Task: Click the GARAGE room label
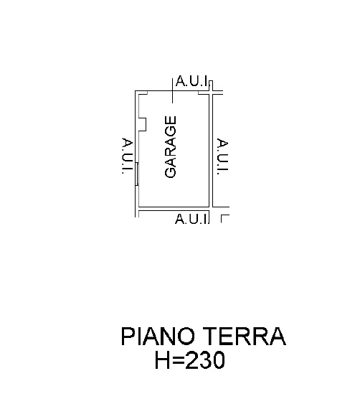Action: pos(171,147)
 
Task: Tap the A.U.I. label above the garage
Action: pos(192,81)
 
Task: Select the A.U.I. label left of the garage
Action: pos(128,156)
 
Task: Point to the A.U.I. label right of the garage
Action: pos(222,156)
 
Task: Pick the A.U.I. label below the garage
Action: pos(192,219)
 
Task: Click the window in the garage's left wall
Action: pos(136,174)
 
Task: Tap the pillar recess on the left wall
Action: pos(142,124)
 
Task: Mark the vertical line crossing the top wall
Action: pos(172,90)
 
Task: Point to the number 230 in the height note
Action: pos(205,360)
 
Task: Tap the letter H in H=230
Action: pos(162,360)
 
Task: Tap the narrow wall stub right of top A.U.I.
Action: pos(211,85)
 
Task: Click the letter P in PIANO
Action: pos(128,337)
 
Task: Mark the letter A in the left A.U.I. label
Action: pos(128,143)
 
